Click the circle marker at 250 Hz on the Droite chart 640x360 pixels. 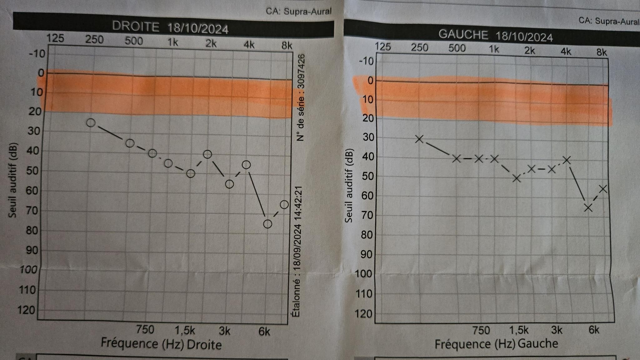(x=91, y=123)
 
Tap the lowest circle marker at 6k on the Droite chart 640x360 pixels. (x=267, y=224)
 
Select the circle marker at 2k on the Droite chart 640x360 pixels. (x=207, y=154)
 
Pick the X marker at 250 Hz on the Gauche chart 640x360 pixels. (x=419, y=139)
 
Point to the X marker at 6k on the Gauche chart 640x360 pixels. (x=588, y=208)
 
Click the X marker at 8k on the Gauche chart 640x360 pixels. (x=603, y=189)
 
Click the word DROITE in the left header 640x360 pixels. (x=136, y=27)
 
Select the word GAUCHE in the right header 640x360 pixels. (x=463, y=35)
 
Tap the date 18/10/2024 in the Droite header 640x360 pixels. (x=198, y=29)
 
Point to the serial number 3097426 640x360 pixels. (x=301, y=72)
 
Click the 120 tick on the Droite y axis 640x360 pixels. (x=27, y=310)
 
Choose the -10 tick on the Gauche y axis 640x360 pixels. (x=366, y=61)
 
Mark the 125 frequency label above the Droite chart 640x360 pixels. (x=55, y=38)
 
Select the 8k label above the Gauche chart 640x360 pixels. (x=602, y=52)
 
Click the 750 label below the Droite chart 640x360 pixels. (x=145, y=329)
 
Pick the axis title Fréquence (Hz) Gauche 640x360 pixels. (x=496, y=344)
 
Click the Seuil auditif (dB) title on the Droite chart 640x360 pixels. (x=12, y=180)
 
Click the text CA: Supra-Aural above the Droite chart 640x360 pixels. (x=298, y=12)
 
